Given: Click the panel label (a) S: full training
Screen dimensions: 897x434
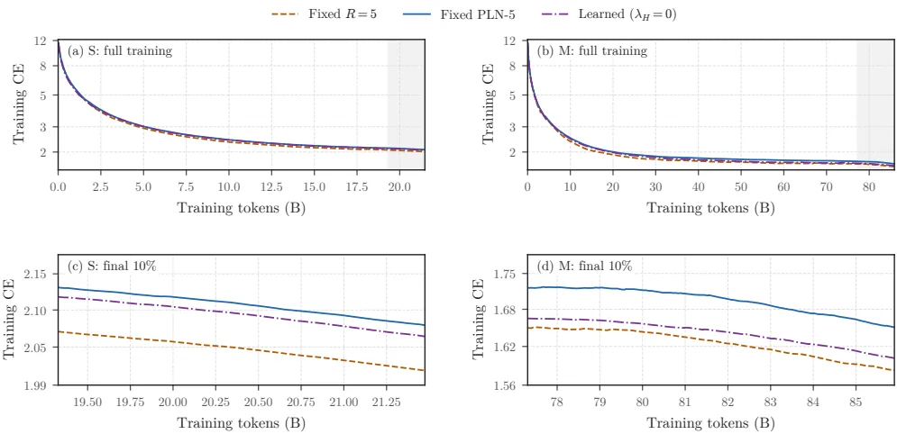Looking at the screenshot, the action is click(120, 50).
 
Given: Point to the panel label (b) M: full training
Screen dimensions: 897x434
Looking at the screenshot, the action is click(592, 50).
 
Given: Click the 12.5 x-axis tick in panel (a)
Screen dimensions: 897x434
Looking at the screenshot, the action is click(271, 186).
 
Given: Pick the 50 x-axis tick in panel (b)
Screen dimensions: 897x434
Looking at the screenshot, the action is click(740, 186).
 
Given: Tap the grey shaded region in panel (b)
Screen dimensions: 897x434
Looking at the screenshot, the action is click(874, 104).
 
